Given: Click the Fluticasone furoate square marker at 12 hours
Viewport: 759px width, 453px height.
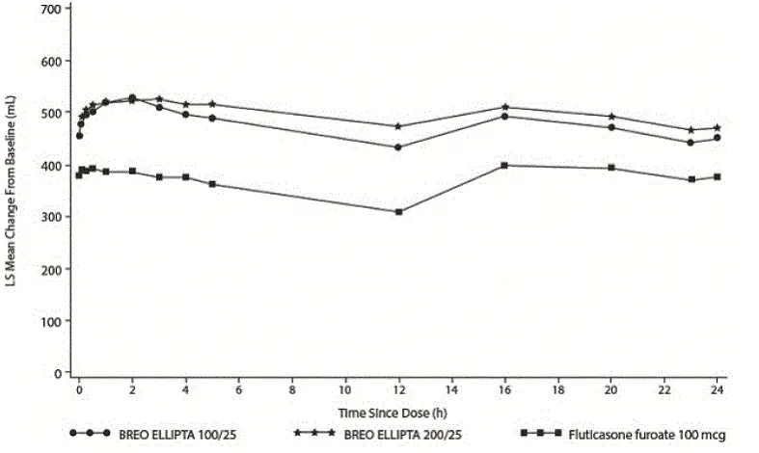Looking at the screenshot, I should [x=398, y=212].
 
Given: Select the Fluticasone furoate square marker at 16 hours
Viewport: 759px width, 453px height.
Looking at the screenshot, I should [x=504, y=166].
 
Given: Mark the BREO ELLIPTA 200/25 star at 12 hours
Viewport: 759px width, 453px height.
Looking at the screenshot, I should [x=398, y=126].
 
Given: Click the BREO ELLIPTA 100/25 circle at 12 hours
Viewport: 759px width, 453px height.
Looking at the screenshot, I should [x=398, y=147].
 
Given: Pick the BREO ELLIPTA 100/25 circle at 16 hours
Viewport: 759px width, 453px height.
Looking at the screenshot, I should [x=504, y=117].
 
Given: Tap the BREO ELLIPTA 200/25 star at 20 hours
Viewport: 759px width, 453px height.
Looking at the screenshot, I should [x=611, y=117].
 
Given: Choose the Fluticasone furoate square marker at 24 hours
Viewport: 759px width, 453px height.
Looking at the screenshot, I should [x=718, y=177].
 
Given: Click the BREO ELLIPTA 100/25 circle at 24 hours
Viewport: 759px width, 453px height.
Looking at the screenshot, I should [x=718, y=138].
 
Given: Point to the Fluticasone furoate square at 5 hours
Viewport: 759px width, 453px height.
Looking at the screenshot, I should [x=212, y=184].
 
